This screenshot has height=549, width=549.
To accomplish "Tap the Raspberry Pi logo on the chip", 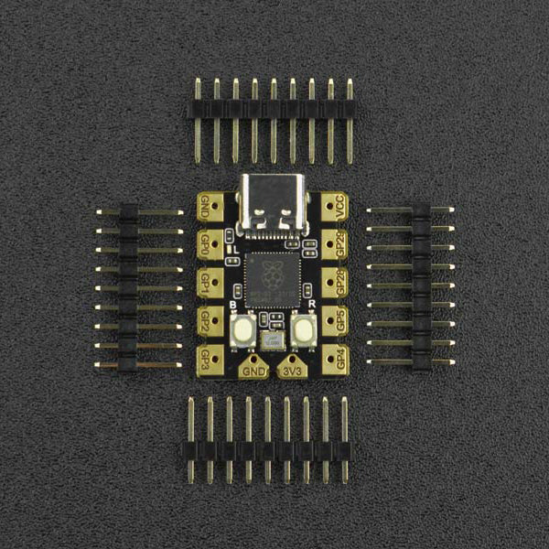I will pos(274,273).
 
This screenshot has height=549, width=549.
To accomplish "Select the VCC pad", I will pos(335,206).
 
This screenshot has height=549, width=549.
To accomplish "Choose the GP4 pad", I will pos(335,358).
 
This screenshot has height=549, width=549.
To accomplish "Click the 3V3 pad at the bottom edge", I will pos(293,368).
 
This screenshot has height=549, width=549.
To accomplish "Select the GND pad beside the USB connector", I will pos(210,207).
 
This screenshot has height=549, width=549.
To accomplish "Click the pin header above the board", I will pos(273,109).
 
